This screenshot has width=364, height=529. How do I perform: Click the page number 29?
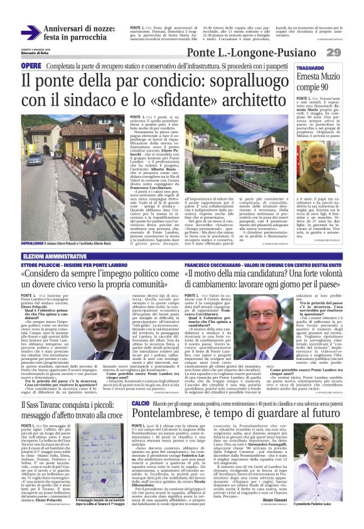pos(350,52)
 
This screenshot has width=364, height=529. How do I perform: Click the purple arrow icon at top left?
pos(31,32)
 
